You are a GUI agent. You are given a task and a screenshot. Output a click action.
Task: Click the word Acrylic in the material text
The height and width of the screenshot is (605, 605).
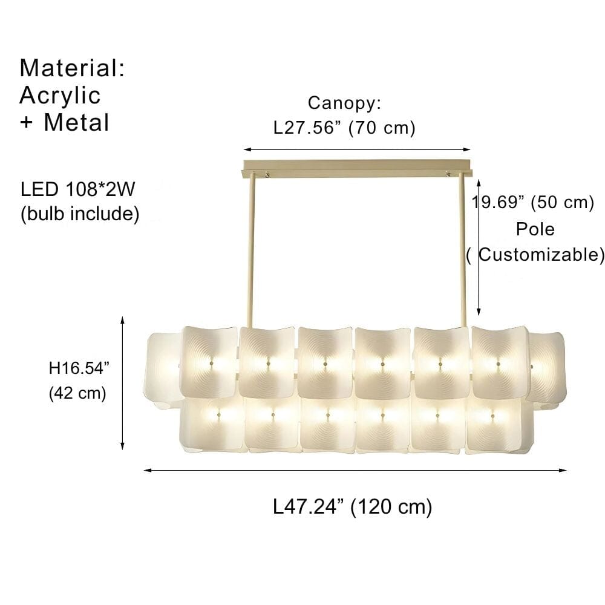click(x=60, y=96)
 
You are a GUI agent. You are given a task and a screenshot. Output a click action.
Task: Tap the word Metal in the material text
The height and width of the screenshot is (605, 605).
click(x=76, y=123)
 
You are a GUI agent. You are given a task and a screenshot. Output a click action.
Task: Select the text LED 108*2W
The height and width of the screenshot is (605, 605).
click(x=76, y=190)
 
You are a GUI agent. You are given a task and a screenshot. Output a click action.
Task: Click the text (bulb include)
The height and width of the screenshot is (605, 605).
click(x=80, y=214)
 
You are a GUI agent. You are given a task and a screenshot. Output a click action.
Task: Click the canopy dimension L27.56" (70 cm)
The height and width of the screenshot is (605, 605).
click(x=344, y=128)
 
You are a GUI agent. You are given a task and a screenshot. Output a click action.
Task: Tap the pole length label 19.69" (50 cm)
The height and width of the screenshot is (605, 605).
click(x=534, y=202)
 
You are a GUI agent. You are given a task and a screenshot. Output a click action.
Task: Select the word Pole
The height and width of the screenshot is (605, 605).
click(x=535, y=229)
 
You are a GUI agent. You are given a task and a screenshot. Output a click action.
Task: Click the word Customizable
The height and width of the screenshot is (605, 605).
click(x=541, y=255)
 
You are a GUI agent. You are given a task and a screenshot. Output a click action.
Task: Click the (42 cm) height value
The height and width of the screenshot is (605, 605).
click(x=77, y=393)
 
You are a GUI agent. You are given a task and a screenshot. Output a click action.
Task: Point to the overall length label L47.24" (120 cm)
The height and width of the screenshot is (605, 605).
click(x=353, y=506)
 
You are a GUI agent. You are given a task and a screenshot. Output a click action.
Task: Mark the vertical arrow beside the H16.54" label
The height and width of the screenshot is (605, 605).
click(x=123, y=383)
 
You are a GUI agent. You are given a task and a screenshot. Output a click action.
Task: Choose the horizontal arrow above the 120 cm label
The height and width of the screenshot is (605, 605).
click(x=355, y=469)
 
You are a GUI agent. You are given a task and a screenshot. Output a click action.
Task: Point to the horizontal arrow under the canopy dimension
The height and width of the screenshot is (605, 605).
click(x=357, y=149)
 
